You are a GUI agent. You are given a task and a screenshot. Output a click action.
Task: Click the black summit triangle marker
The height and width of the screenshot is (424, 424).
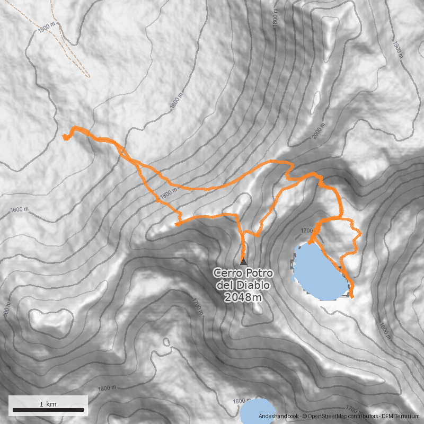click(x=243, y=261)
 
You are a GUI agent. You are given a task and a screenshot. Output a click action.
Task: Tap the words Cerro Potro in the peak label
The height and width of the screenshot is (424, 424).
click(x=243, y=273)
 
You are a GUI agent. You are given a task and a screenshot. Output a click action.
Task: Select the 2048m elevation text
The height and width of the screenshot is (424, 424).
click(x=243, y=297)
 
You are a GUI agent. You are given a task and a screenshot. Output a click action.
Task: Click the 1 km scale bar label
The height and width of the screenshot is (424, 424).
click(x=48, y=404)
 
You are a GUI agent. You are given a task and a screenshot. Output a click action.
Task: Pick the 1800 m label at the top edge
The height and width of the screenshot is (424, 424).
click(x=275, y=19)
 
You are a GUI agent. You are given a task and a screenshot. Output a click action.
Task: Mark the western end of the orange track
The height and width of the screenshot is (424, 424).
click(x=65, y=137)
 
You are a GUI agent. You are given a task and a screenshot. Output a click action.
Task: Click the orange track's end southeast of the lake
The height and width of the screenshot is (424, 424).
click(x=351, y=295)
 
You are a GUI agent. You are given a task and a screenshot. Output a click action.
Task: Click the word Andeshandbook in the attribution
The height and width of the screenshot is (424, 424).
click(x=279, y=417)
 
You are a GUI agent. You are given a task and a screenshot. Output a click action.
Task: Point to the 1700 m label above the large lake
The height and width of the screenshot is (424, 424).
click(x=307, y=231)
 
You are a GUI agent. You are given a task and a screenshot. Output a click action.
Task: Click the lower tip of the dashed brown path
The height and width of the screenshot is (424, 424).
click(x=89, y=77)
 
